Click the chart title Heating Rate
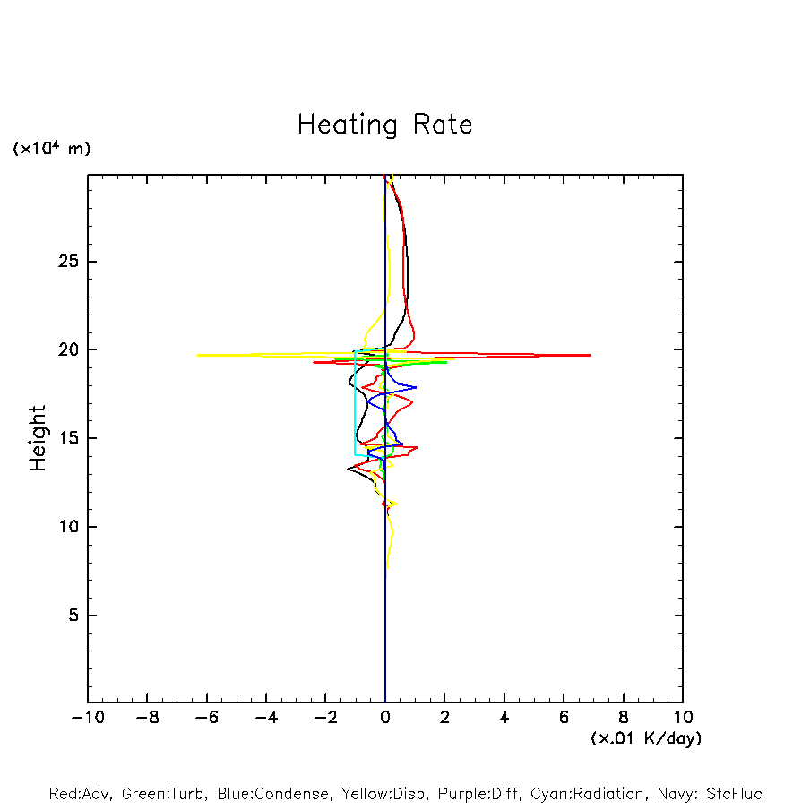[384, 125]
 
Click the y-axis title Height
[38, 438]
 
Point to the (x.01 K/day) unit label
[645, 738]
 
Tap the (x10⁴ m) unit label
[52, 149]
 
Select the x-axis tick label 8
[624, 717]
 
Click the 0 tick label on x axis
[385, 717]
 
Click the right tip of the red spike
[590, 356]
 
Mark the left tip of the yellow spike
[198, 355]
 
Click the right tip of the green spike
[446, 362]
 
